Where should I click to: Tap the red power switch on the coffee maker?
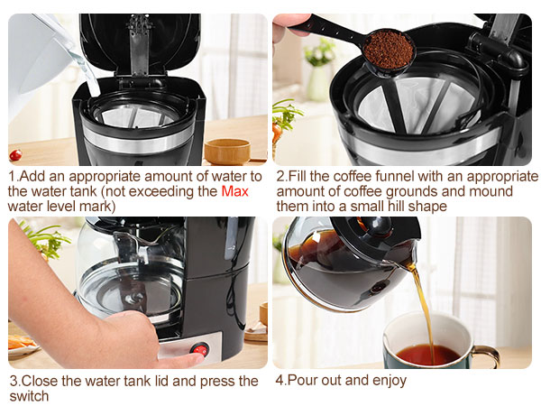(200, 349)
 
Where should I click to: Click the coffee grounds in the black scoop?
(389, 50)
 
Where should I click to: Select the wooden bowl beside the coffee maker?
(226, 151)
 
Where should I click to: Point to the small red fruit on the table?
(15, 154)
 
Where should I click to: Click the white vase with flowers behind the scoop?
(318, 81)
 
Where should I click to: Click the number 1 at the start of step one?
(12, 177)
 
